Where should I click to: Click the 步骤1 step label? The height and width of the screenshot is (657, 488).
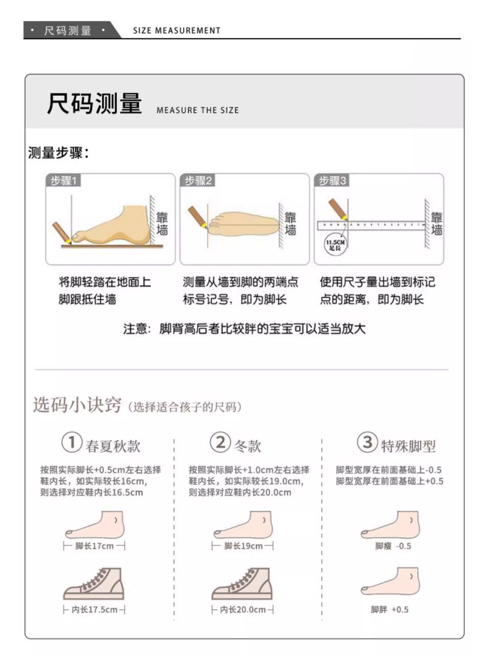[63, 180]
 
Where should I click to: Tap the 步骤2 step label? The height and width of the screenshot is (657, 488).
[198, 180]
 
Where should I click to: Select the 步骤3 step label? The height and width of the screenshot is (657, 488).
[332, 180]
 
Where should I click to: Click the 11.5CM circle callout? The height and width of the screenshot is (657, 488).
[335, 245]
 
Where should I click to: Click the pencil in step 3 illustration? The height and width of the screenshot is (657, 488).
[338, 209]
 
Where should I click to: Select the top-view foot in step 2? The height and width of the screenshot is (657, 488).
[243, 224]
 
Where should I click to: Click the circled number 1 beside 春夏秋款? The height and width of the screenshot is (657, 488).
[72, 443]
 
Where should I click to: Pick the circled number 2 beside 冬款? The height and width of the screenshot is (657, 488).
[220, 443]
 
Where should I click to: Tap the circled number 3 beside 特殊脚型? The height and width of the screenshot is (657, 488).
[368, 443]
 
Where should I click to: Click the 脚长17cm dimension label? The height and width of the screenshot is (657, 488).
[95, 546]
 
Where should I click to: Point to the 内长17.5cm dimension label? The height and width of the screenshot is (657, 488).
[95, 609]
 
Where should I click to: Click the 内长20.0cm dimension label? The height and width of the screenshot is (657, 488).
[243, 609]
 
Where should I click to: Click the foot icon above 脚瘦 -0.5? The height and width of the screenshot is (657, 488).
[390, 525]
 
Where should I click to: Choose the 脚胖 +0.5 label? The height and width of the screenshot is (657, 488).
[390, 609]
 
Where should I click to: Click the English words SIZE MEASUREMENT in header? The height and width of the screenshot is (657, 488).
[177, 31]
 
